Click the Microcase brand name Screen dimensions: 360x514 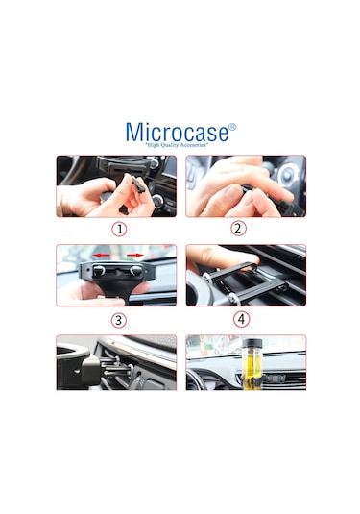tap(177, 133)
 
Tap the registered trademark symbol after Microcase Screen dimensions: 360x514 tap(232, 127)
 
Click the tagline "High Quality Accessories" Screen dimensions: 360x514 tap(177, 145)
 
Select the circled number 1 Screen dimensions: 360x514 tap(119, 229)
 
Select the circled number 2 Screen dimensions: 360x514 tap(238, 228)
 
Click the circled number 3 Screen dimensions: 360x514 tap(119, 320)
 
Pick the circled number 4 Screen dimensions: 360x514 tap(241, 319)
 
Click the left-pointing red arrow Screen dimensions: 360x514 tap(101, 255)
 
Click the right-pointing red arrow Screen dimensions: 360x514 tap(135, 255)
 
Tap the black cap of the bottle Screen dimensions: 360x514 tap(252, 343)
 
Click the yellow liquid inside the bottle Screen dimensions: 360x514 tap(252, 370)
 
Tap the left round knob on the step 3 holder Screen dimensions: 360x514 tap(99, 270)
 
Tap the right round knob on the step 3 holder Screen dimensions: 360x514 tap(136, 270)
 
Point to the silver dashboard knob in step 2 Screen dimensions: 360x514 tap(287, 175)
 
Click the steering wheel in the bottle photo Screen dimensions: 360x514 tap(197, 381)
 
